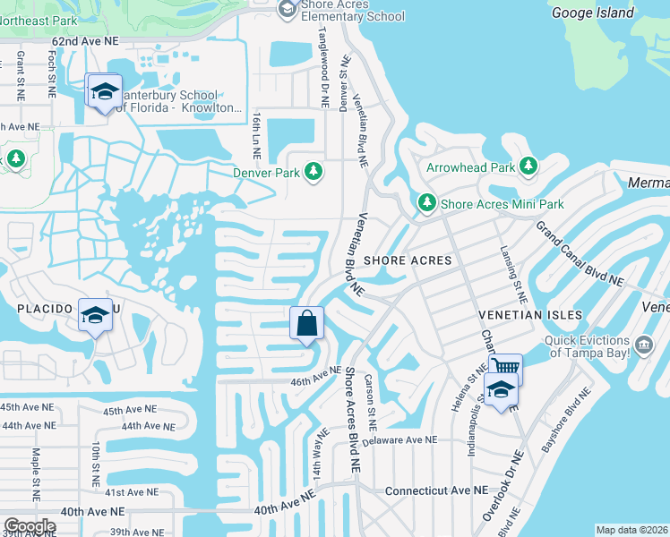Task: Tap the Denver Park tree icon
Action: [x=314, y=170]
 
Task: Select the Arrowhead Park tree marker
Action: [x=528, y=166]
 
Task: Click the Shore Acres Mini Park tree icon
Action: [x=427, y=203]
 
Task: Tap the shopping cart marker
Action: [x=505, y=368]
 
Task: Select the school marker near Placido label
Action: [x=96, y=315]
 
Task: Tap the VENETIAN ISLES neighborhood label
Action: [x=530, y=315]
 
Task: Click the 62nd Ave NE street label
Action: [x=84, y=42]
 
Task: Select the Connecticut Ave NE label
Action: [x=436, y=491]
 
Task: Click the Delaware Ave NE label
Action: [x=399, y=440]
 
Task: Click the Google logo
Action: [x=30, y=525]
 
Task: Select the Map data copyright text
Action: [x=631, y=530]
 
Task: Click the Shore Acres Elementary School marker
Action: [x=288, y=9]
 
